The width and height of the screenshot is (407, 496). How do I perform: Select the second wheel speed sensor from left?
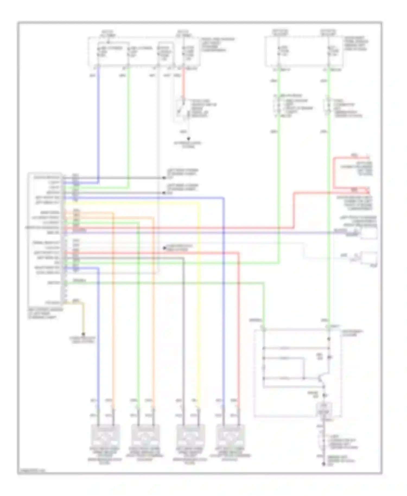[x=146, y=436]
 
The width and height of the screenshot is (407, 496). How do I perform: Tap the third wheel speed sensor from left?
[x=190, y=436]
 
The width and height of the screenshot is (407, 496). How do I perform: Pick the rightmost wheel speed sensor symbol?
[x=231, y=436]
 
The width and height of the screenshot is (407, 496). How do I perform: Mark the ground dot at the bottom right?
[x=323, y=464]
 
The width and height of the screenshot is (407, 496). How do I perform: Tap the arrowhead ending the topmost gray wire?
[x=164, y=178]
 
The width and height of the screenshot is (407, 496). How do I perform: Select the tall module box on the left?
[x=45, y=239]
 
